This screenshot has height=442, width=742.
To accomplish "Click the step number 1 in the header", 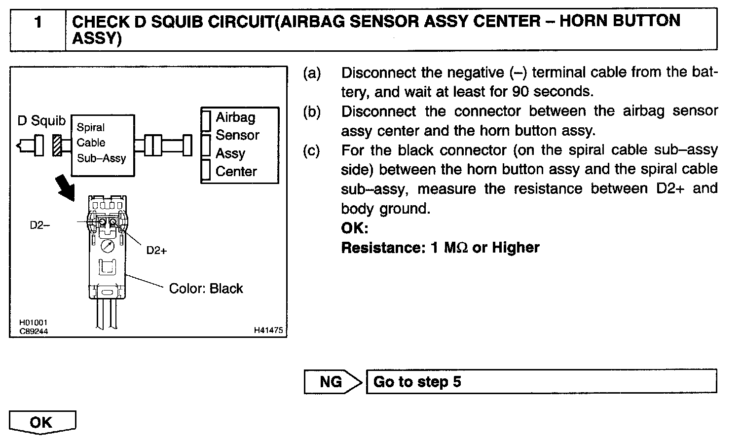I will point(38,22).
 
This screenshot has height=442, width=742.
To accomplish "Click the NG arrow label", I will point(331,382).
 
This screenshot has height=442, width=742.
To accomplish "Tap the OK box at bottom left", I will point(41,422).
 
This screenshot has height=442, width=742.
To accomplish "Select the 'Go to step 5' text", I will point(417,382).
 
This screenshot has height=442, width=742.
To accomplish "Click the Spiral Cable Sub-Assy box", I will point(103,146).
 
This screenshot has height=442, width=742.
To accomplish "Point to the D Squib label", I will point(41,121).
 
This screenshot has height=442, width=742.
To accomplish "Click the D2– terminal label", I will point(39,225).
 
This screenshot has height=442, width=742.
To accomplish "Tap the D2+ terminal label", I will point(156,251).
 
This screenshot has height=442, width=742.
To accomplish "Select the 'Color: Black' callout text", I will point(206,289).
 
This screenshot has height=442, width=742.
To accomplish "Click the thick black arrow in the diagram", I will point(66,187).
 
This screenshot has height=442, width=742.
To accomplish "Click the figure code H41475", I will point(268,331).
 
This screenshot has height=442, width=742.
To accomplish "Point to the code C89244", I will point(34,331).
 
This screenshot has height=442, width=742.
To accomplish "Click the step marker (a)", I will point(312,74).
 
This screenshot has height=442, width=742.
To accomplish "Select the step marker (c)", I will point(312,150).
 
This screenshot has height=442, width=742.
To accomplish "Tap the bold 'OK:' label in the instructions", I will point(355,228).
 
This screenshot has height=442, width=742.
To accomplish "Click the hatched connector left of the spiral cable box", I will point(57,146).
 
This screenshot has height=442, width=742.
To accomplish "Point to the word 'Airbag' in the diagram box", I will point(236,117).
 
